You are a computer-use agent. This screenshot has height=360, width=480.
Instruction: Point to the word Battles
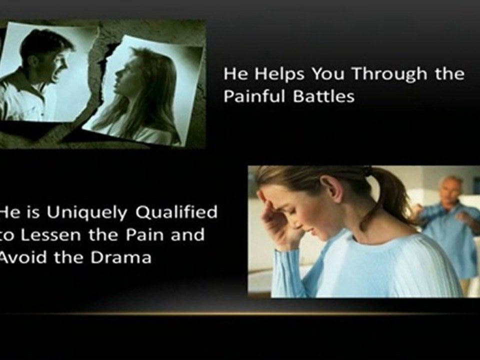pos(323,96)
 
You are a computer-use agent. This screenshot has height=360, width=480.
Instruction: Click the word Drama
pos(121,257)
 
